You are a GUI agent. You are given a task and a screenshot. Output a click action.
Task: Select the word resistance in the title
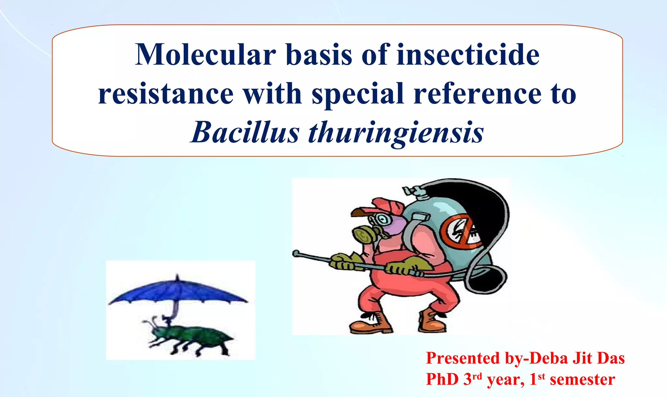(x=166, y=94)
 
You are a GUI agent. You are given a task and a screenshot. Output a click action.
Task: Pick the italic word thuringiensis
(x=396, y=133)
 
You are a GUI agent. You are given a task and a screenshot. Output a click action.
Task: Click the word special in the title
(x=358, y=94)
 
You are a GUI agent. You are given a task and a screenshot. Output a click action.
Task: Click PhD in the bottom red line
(x=442, y=379)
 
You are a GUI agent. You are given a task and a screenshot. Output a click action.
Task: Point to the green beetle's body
(x=195, y=337)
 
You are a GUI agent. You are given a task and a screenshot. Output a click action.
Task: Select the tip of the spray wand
(x=296, y=253)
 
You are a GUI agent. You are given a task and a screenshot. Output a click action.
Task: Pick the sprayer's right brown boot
(x=433, y=321)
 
